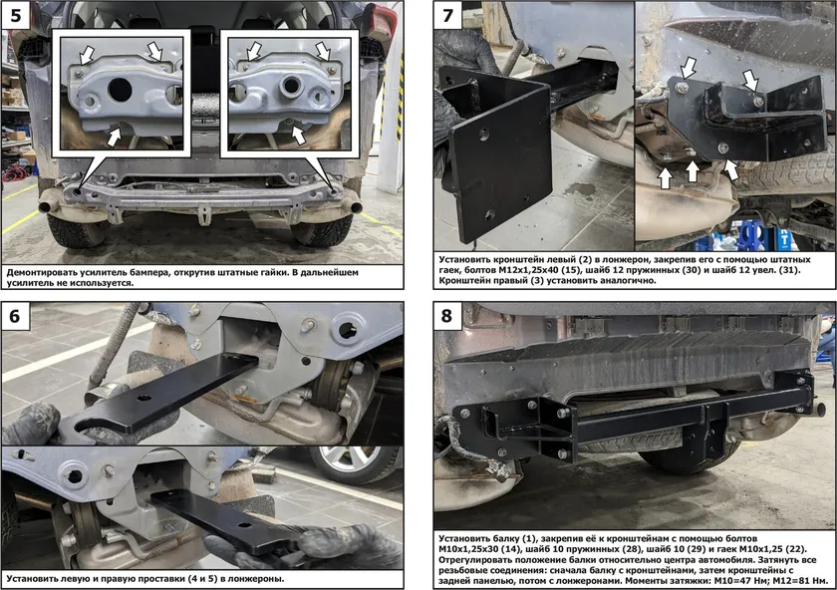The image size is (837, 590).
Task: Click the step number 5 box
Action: (x=16, y=15)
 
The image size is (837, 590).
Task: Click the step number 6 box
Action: (x=14, y=316)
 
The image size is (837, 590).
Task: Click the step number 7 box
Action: (x=447, y=15)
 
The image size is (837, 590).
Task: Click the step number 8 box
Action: (x=446, y=316)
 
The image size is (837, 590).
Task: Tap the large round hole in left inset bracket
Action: (x=119, y=90)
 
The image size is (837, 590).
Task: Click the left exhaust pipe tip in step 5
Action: (x=47, y=205)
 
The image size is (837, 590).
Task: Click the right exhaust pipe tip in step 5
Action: (x=354, y=206)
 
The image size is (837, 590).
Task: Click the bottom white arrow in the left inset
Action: (x=115, y=137)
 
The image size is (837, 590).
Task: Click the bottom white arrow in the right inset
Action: (x=298, y=135)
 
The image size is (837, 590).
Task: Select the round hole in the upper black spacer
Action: (x=144, y=399)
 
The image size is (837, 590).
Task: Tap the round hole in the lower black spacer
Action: (x=243, y=526)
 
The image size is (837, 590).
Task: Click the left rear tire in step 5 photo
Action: (x=77, y=229)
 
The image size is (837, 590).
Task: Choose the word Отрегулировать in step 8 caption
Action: (x=473, y=560)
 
